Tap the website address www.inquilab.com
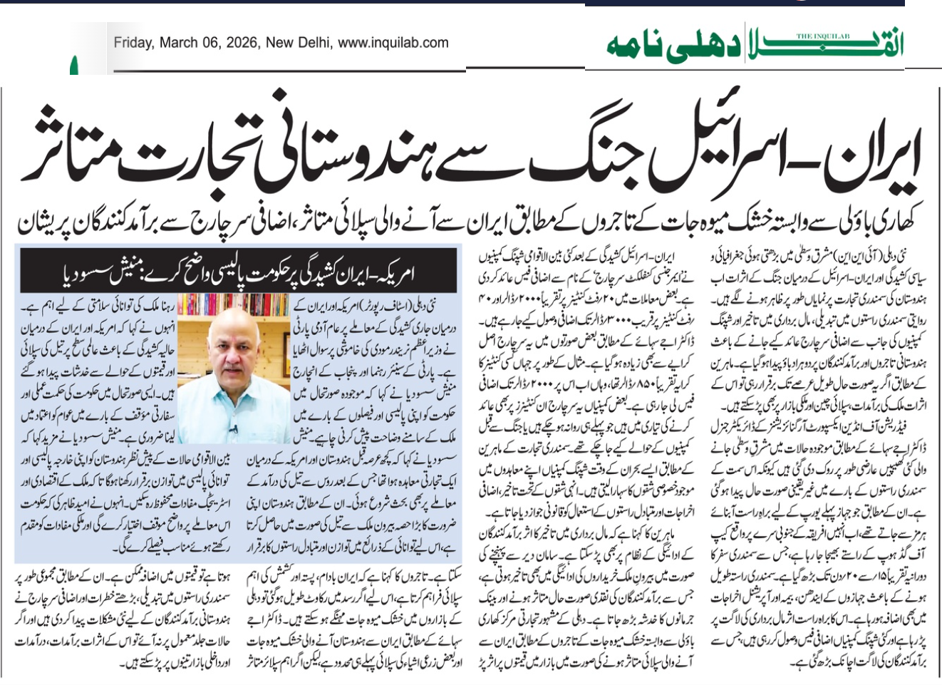[x=393, y=43]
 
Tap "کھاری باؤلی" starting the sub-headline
[x=880, y=223]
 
